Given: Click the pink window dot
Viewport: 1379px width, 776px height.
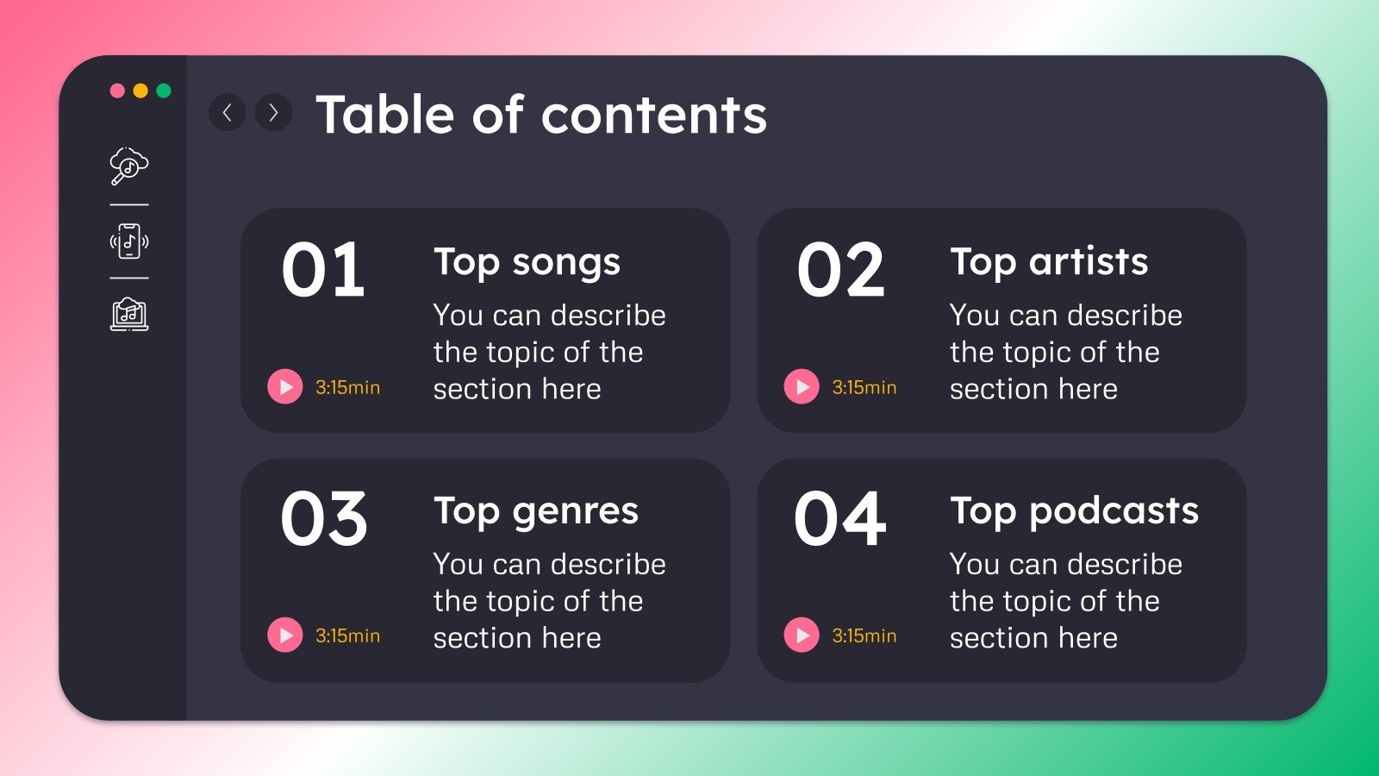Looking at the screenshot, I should tap(117, 91).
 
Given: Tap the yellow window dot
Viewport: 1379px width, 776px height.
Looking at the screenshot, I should tap(140, 91).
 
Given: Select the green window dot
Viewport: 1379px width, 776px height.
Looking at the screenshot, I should tap(164, 91).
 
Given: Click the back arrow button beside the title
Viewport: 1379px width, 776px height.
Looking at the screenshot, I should tap(228, 112).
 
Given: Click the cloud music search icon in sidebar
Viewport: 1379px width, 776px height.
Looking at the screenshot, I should tap(129, 166).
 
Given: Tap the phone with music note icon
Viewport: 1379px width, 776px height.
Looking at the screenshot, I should tap(129, 241).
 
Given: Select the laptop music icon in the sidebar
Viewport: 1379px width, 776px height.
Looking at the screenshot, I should tap(129, 315).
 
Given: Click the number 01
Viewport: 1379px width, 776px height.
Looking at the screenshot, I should tap(323, 271).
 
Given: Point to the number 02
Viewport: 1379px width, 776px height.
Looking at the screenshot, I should tap(840, 271).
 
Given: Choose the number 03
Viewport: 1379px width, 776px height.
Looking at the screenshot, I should tap(324, 519).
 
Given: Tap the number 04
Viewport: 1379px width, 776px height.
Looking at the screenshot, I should tap(840, 519).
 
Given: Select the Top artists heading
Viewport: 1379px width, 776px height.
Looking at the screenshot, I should tap(1049, 262).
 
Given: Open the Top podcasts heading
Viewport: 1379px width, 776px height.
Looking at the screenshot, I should tap(1074, 511).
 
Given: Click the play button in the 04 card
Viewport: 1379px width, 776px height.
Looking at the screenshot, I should tap(802, 635).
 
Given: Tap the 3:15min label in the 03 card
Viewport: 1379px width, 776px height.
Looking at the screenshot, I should tap(347, 636).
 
